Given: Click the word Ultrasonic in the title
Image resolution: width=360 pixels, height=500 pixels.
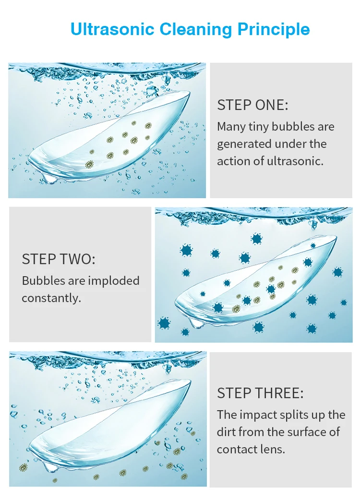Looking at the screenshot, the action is [112, 29].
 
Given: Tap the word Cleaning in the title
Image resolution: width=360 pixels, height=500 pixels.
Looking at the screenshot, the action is [196, 30].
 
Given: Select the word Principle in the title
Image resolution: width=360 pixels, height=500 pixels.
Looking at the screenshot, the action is [274, 30].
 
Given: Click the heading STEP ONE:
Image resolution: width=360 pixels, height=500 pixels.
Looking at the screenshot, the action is [252, 105].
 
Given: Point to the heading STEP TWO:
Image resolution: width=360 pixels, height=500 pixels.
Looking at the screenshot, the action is [59, 259].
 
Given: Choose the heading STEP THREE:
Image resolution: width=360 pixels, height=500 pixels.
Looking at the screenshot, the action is [260, 393].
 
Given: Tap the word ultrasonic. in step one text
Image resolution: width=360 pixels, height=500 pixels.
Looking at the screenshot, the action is [295, 161].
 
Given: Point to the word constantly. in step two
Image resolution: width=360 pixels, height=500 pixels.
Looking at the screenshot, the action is [51, 298].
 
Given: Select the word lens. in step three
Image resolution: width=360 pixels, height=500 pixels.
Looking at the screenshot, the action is [272, 449].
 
